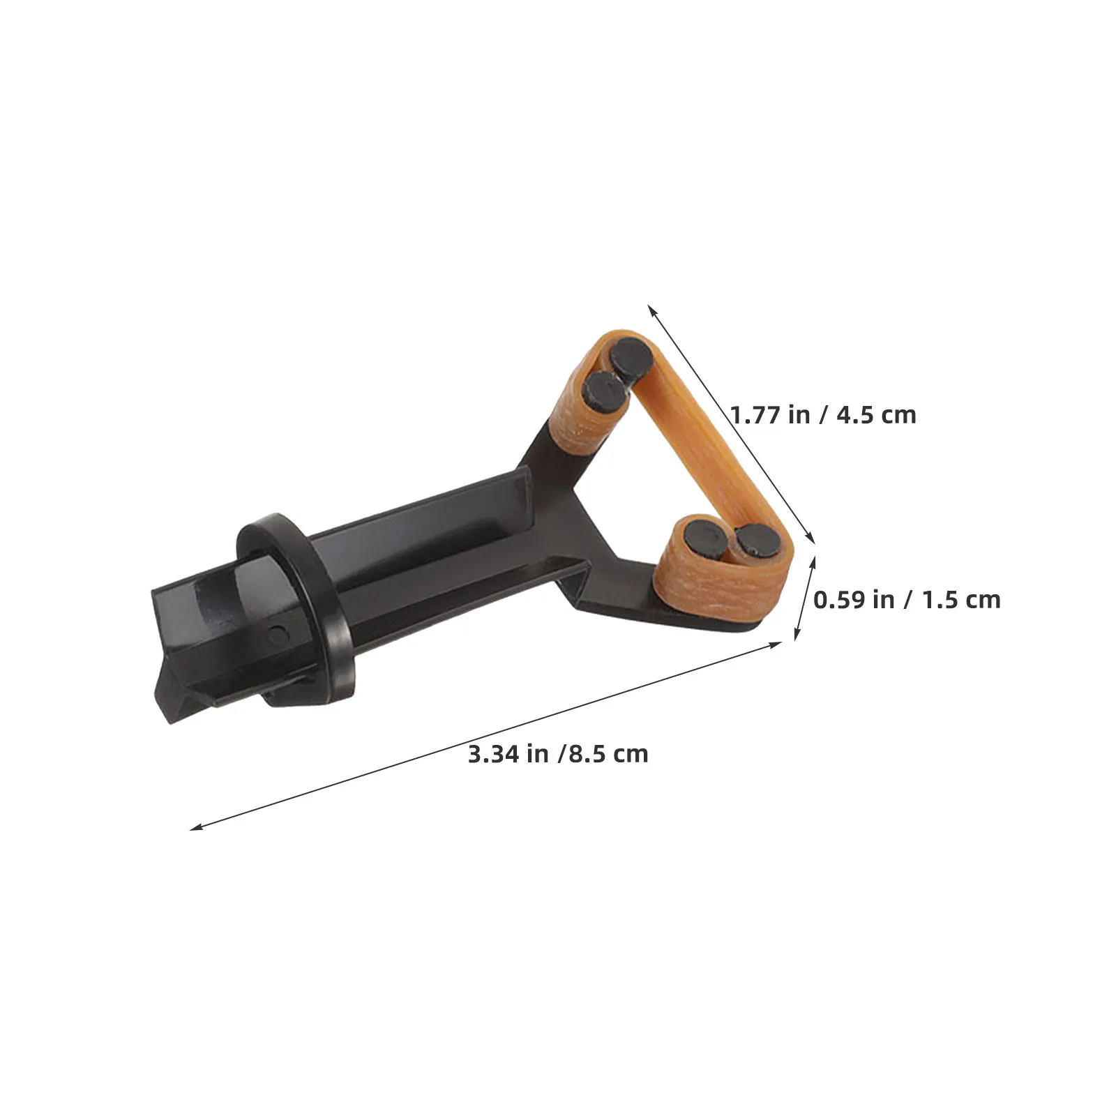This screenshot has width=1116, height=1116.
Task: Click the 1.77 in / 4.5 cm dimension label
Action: [x=823, y=415]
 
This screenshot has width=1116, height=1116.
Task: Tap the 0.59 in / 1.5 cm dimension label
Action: [x=907, y=599]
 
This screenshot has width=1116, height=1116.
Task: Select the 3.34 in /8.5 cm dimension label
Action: [x=558, y=754]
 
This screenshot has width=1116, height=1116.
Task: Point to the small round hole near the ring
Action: [x=278, y=633]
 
